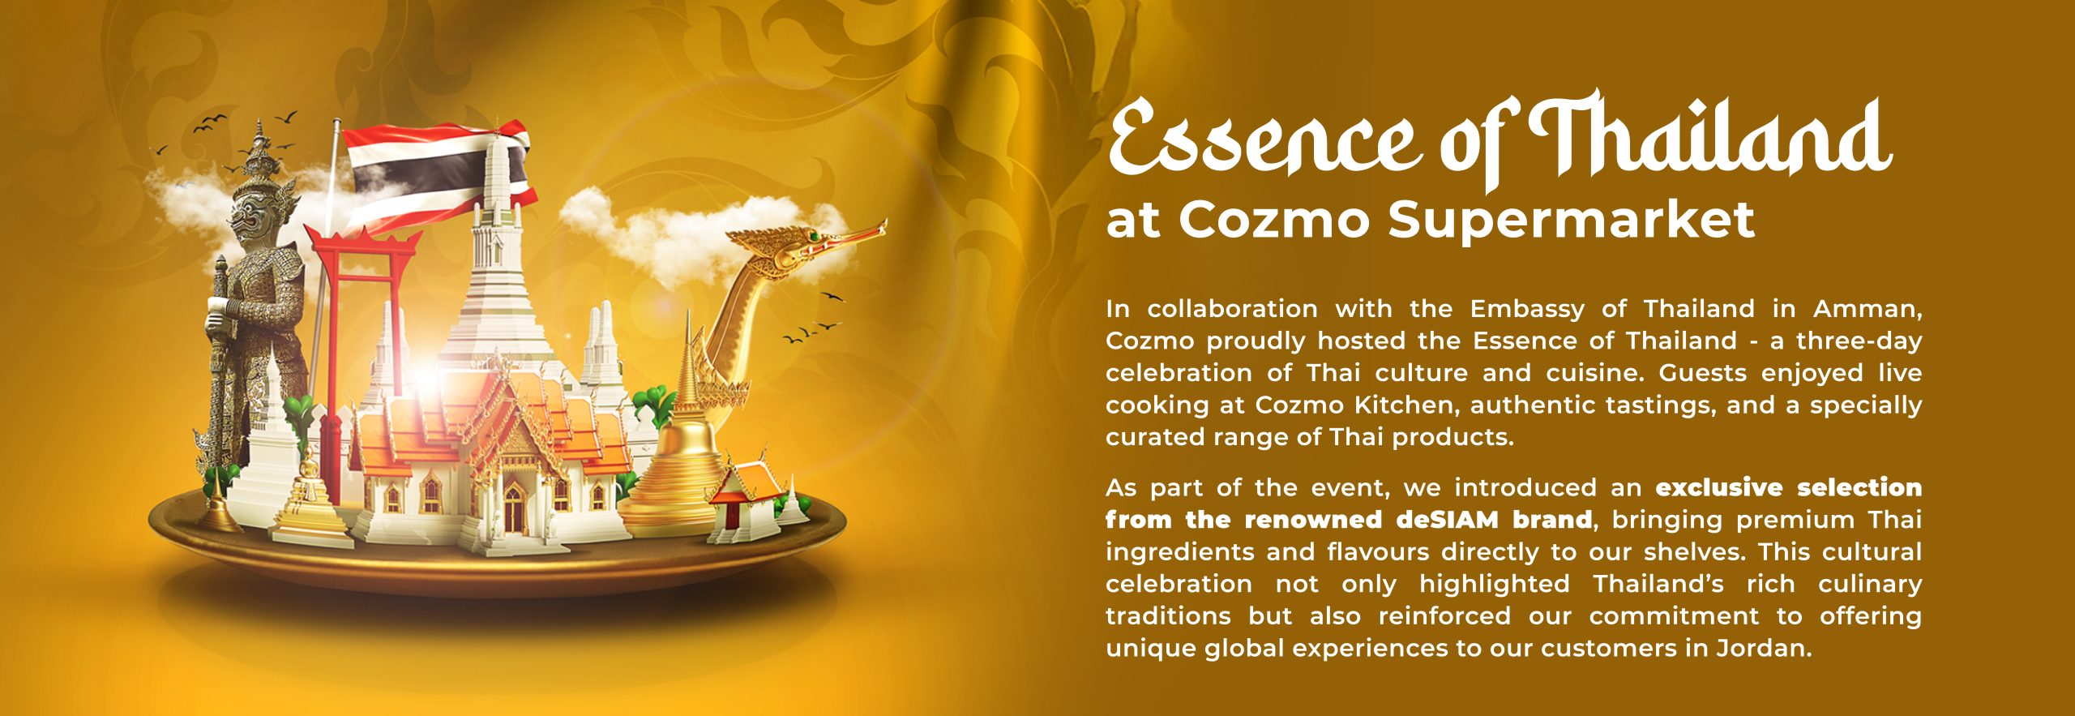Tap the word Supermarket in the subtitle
pyautogui.click(x=1572, y=220)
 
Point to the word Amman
pyautogui.click(x=1867, y=310)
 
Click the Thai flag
pyautogui.click(x=438, y=174)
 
